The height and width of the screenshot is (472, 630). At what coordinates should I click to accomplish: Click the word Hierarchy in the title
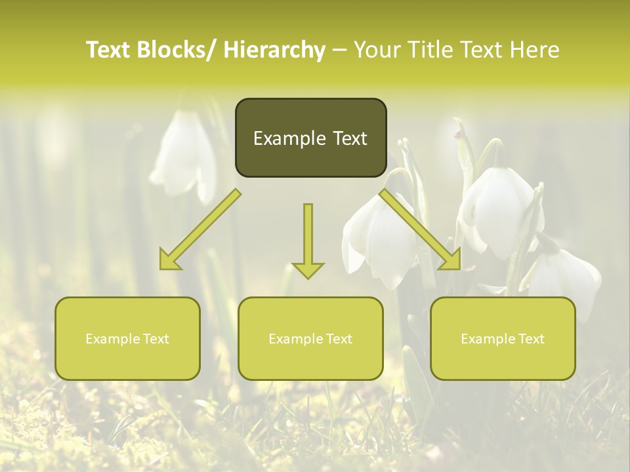pyautogui.click(x=274, y=50)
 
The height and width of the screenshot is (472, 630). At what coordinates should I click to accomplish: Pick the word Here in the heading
pyautogui.click(x=535, y=50)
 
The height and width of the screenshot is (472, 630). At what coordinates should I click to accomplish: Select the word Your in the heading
pyautogui.click(x=377, y=50)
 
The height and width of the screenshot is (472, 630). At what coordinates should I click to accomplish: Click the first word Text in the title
pyautogui.click(x=110, y=50)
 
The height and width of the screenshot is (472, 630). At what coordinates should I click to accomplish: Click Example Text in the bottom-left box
pyautogui.click(x=127, y=339)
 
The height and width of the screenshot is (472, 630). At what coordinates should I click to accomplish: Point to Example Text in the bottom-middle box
pyautogui.click(x=310, y=339)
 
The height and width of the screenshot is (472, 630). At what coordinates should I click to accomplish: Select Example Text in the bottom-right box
pyautogui.click(x=503, y=339)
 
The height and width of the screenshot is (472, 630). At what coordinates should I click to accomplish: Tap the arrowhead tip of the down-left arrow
pyautogui.click(x=161, y=267)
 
